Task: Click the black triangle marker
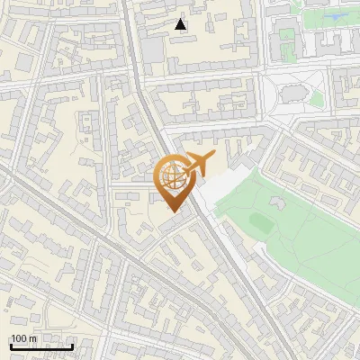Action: pos(182,24)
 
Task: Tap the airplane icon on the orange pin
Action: pos(198,164)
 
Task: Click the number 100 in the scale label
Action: pos(18,338)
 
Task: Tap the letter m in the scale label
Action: pos(32,338)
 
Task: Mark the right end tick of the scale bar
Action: pos(73,344)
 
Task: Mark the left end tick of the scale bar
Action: pos(10,344)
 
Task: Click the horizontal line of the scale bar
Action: pos(41,346)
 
